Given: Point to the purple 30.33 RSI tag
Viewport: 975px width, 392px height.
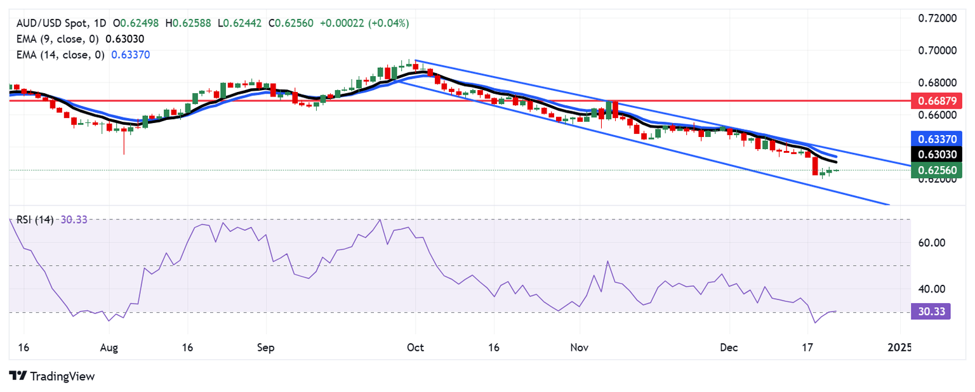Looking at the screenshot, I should pyautogui.click(x=930, y=311).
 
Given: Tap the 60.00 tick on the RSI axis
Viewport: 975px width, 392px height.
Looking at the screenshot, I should pyautogui.click(x=929, y=242).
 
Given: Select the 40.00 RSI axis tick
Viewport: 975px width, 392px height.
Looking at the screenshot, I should pyautogui.click(x=929, y=289).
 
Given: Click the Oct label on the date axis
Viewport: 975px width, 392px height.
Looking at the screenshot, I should pyautogui.click(x=415, y=348).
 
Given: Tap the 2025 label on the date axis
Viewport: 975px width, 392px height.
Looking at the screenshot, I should pyautogui.click(x=899, y=348).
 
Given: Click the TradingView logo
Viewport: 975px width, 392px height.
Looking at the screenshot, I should pyautogui.click(x=52, y=376).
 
